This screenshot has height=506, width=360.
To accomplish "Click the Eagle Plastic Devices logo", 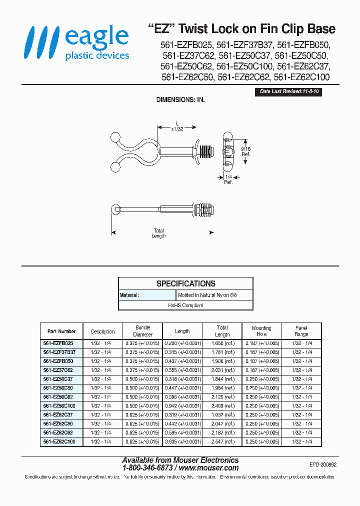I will tap(78, 43).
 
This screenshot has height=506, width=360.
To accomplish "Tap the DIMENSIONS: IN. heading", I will tap(180, 100).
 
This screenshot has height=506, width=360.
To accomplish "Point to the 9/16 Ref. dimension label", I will tap(245, 151).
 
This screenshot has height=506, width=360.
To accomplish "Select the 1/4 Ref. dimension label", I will tap(228, 179).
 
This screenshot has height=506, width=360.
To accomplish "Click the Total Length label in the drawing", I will tap(158, 233).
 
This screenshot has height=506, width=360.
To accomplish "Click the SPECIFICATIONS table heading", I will tap(185, 283).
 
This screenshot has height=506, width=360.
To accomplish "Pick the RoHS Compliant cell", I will tap(185, 305).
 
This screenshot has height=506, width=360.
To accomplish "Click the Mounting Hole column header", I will tap(261, 331).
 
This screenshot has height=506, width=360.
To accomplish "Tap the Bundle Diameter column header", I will tap(143, 331).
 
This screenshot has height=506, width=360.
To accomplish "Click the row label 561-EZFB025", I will tap(58, 343).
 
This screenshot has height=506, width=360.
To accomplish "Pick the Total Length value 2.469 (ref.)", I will tap(222, 406).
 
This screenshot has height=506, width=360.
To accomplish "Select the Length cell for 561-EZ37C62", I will tap(182, 370).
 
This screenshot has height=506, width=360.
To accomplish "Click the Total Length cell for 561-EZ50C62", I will tap(222, 397).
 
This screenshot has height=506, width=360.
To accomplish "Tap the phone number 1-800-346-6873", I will tap(147, 468).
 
